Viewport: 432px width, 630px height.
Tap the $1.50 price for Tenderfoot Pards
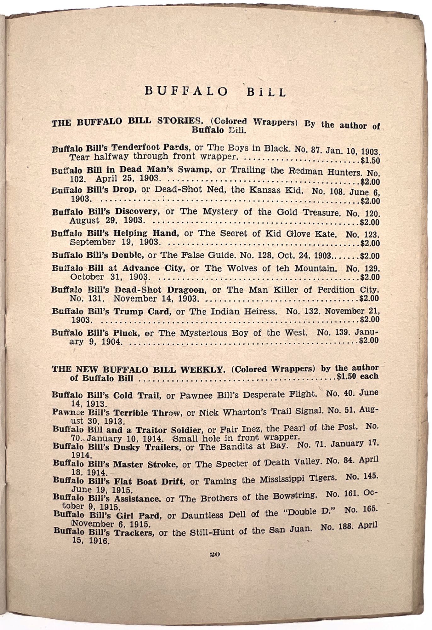click(x=370, y=161)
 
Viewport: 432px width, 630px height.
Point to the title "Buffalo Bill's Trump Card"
click(x=111, y=312)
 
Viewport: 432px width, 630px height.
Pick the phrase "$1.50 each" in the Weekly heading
click(x=357, y=376)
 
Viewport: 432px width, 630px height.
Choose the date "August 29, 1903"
click(x=107, y=220)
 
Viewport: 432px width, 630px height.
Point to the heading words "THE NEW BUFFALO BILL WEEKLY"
click(x=139, y=369)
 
